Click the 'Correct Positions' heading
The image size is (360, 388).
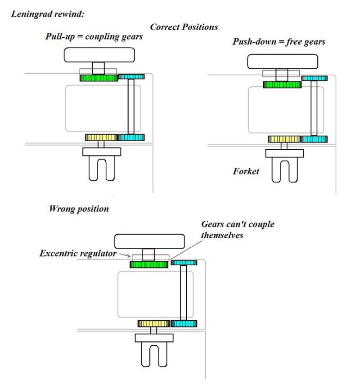184,27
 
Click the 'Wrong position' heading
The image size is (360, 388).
79,209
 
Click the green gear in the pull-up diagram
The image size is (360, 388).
99,78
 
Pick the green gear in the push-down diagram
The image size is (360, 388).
282,85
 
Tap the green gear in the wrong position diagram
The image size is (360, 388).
149,264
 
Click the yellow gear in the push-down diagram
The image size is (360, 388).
284,139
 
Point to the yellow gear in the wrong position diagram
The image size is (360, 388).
154,324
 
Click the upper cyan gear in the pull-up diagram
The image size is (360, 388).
131,77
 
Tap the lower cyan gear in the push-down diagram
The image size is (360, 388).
314,139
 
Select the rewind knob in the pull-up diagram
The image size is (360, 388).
99,55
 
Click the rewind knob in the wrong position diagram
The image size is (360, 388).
149,241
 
